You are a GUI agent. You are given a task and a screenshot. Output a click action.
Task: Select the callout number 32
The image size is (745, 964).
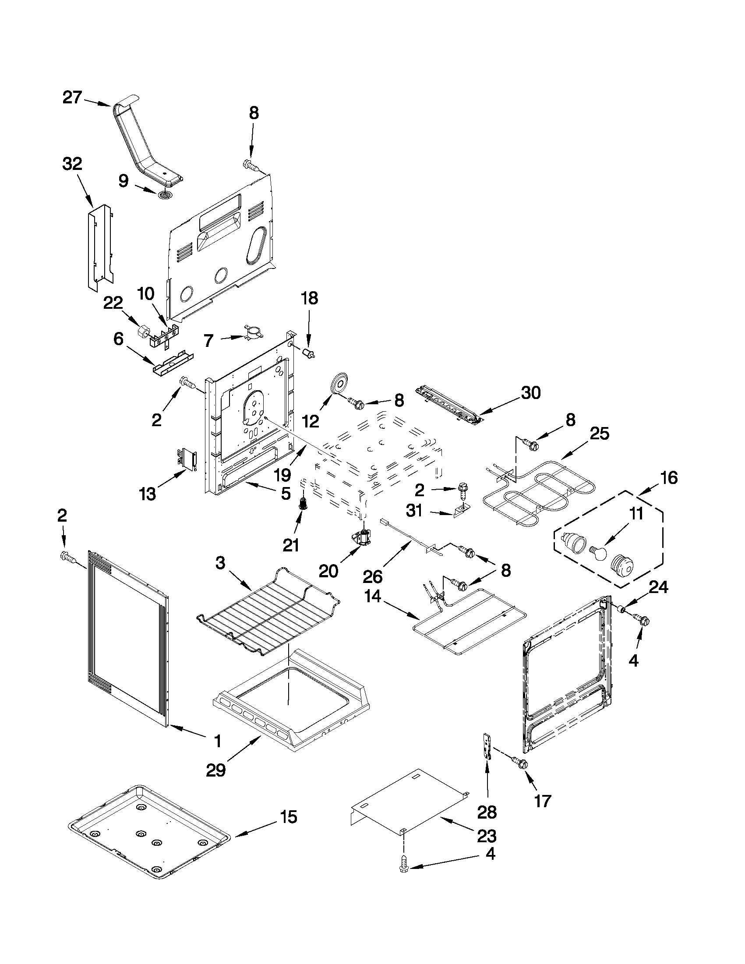72,164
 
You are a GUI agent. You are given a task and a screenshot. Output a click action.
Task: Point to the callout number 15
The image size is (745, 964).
288,817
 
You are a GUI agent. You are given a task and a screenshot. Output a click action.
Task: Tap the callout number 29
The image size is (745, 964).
216,770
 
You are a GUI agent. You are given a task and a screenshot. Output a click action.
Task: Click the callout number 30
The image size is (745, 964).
530,392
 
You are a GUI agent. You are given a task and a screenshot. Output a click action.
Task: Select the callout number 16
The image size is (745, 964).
669,477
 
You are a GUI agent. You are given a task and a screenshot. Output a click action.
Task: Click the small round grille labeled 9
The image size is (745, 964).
165,194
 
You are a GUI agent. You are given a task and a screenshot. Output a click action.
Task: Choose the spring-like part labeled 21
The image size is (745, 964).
303,503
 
